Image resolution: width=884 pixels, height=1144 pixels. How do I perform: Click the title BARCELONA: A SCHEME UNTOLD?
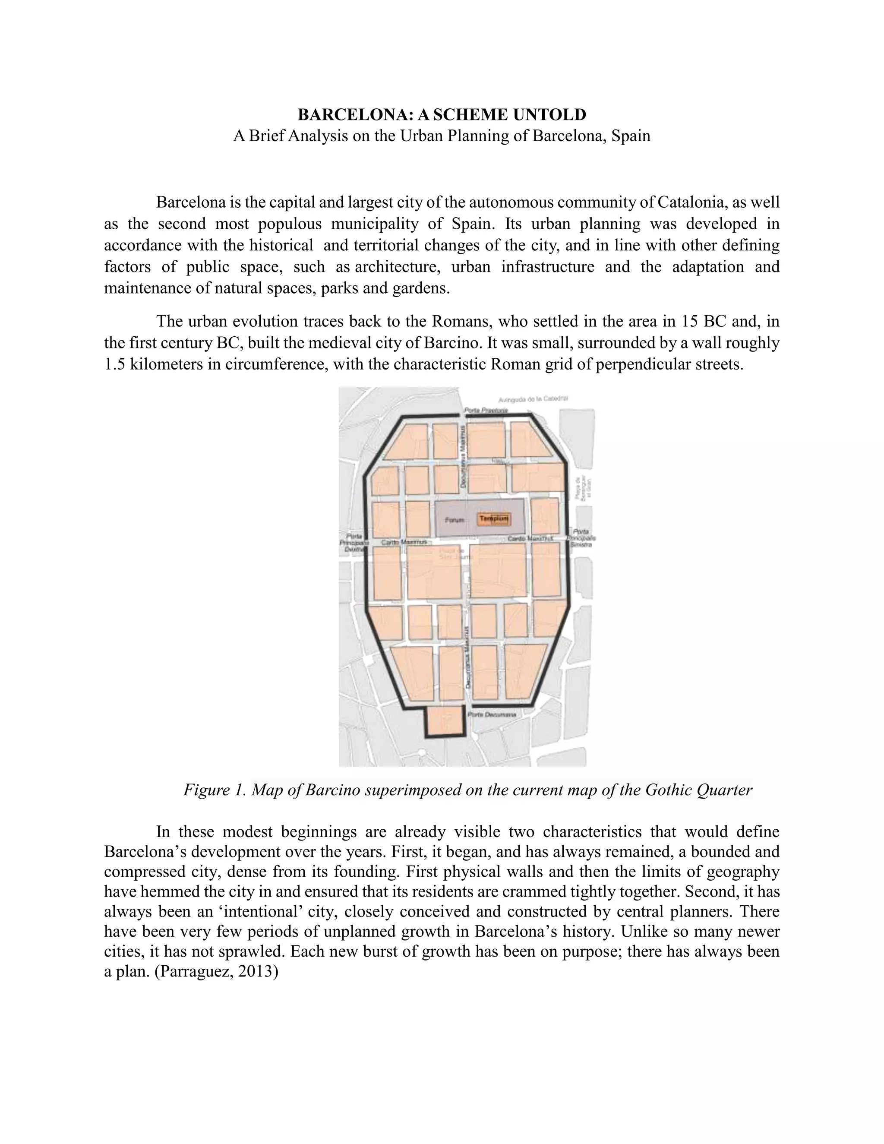tap(442, 114)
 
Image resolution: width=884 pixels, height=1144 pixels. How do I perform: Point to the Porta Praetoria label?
tap(486, 411)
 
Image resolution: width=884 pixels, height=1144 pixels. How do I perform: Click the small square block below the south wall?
tap(445, 722)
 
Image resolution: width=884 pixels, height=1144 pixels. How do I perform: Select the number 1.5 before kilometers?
tap(114, 364)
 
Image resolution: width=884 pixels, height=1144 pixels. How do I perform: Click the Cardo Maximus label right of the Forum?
tap(530, 538)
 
